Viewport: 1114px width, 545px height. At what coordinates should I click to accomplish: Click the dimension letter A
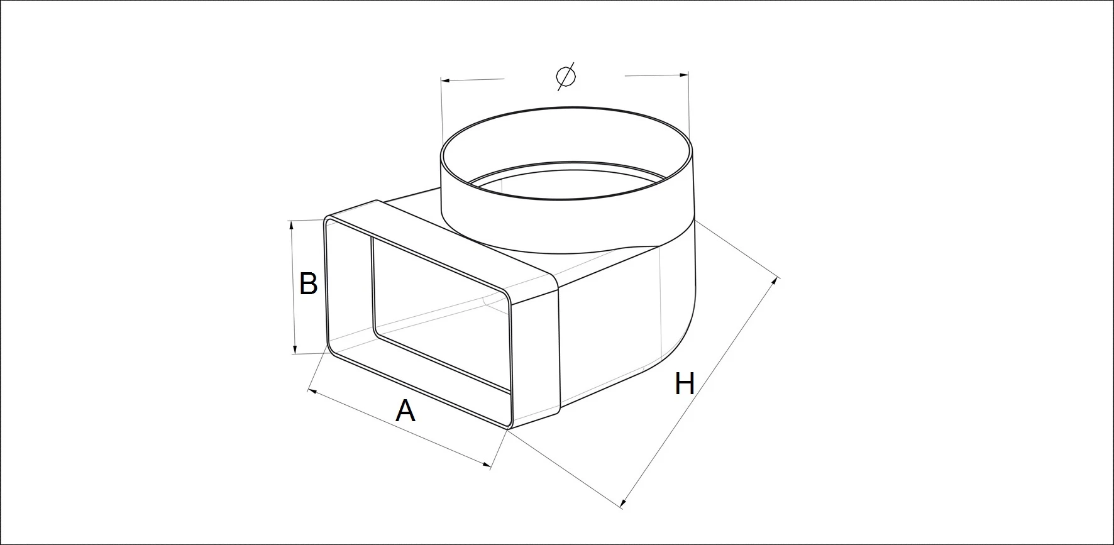(405, 411)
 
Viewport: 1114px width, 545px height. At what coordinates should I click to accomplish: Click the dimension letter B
(308, 284)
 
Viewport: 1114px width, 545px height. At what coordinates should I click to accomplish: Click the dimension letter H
(685, 383)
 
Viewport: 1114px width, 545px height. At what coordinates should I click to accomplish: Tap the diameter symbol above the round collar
(566, 76)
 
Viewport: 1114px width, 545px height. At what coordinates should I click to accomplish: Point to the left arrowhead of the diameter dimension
(446, 80)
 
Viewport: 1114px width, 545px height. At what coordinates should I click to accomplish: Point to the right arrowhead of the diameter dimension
(684, 75)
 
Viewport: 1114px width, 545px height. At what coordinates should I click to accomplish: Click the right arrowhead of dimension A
(486, 465)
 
